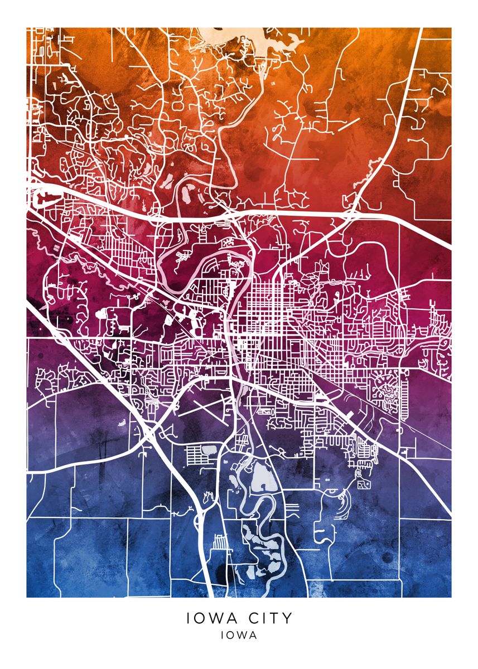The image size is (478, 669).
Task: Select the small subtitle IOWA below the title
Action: point(239,635)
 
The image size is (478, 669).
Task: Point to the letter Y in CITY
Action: point(286,618)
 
